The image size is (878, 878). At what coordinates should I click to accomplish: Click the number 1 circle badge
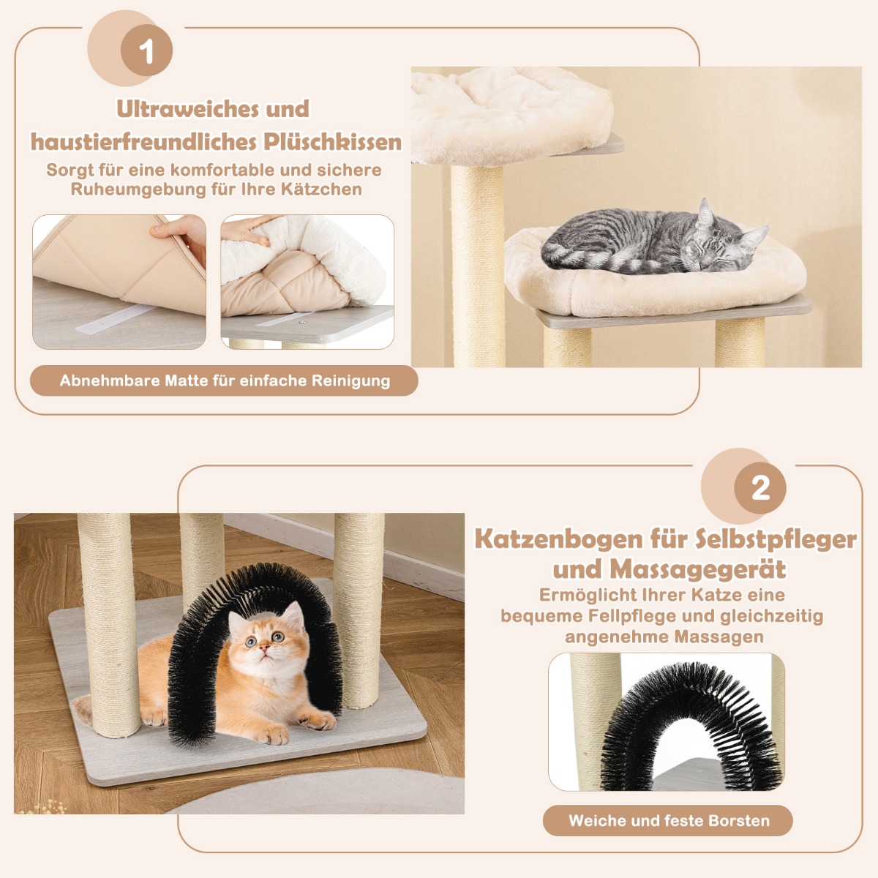(x=146, y=50)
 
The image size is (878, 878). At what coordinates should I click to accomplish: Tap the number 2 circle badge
(x=760, y=488)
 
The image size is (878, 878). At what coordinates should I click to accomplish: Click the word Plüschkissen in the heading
(x=332, y=142)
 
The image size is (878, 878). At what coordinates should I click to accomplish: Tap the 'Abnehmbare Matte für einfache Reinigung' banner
(x=224, y=380)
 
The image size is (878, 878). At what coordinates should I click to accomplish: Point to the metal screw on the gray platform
(x=301, y=323)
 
